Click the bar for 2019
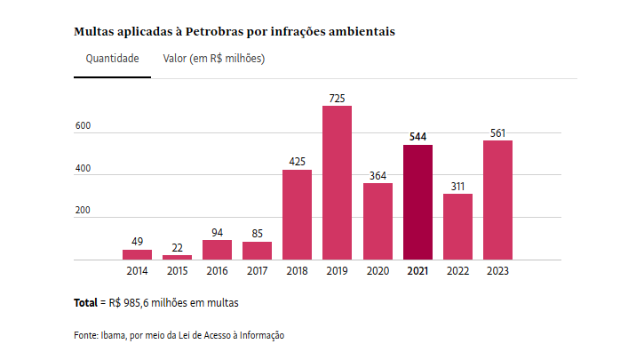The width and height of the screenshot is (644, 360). coord(337,183)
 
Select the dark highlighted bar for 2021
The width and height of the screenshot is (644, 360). coord(417,203)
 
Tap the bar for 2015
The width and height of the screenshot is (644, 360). coord(177,257)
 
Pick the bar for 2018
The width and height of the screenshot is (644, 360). coord(297,215)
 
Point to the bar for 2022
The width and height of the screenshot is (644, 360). coord(457,227)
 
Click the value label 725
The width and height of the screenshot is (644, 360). coord(337,97)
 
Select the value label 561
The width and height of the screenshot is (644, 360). coord(497,133)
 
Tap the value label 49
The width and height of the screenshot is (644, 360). coord(137,242)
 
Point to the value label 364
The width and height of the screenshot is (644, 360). coord(378,175)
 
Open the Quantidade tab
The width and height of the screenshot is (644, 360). coord(112,59)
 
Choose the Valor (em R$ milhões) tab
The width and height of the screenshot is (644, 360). coord(214,59)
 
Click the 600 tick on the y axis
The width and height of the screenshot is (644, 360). coord(83,126)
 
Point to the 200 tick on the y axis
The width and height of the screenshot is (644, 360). coord(83,211)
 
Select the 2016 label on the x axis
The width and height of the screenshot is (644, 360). coord(217,270)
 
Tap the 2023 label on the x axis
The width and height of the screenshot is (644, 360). coord(497,270)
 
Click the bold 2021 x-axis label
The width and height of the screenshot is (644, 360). coord(417,270)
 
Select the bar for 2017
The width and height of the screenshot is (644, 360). coord(257,251)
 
